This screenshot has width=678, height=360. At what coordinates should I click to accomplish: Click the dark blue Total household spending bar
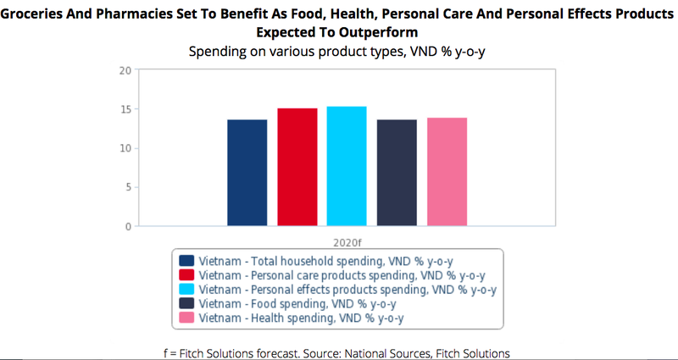(x=247, y=173)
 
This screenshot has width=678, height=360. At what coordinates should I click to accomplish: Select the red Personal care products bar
(x=297, y=167)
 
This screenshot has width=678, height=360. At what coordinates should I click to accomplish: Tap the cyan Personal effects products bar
(x=347, y=166)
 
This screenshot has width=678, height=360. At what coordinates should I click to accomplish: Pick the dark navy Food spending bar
(x=397, y=173)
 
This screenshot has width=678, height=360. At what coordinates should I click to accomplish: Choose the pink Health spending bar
(x=447, y=172)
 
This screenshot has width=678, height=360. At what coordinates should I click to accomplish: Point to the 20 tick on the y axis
(x=125, y=70)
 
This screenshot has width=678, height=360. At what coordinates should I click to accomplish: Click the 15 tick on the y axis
(x=125, y=109)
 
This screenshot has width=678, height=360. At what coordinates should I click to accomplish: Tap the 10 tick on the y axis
(x=125, y=148)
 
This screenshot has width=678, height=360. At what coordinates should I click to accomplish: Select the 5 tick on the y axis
(x=127, y=187)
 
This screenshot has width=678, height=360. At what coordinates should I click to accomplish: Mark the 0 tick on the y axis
(x=127, y=226)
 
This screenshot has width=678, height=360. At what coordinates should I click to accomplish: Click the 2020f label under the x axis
(x=347, y=241)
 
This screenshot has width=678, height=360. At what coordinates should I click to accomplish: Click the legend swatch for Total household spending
(x=186, y=260)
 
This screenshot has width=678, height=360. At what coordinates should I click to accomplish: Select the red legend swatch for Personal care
(x=186, y=274)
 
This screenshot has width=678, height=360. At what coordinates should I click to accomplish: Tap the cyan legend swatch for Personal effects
(x=186, y=289)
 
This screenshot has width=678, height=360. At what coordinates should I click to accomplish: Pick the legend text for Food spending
(x=297, y=303)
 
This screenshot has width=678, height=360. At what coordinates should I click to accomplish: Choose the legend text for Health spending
(x=301, y=318)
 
